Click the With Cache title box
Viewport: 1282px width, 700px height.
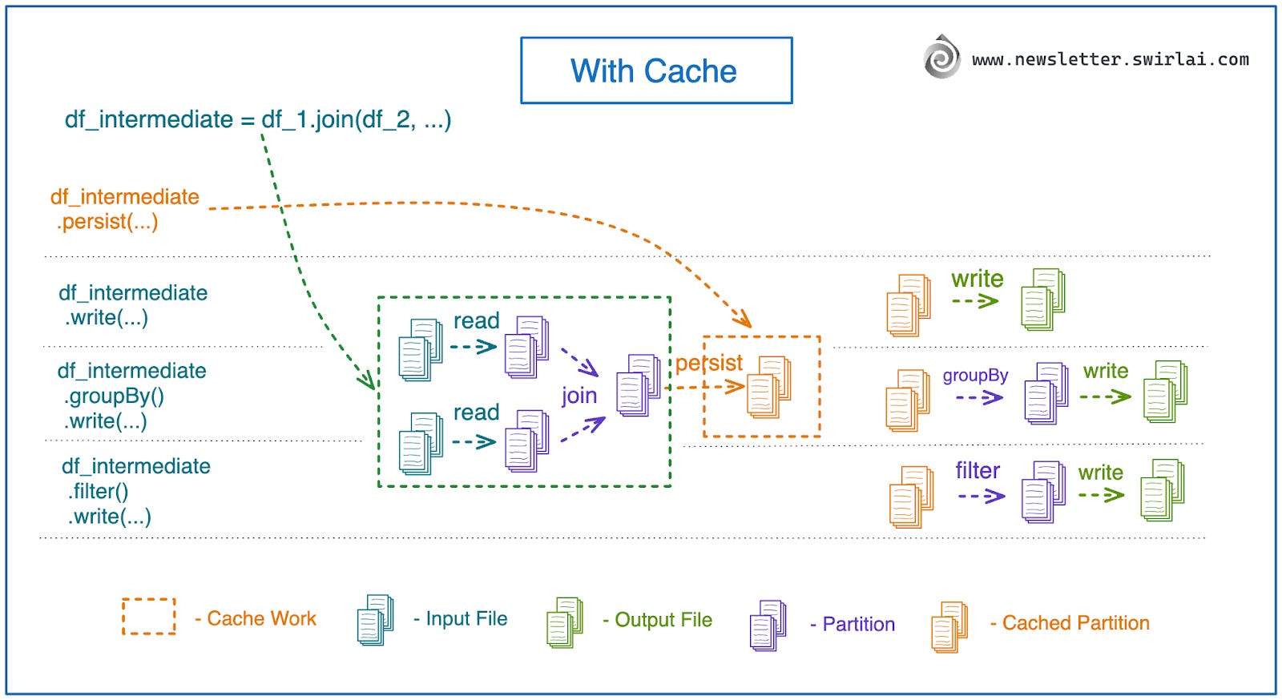tap(655, 70)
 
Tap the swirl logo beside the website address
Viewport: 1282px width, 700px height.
tap(941, 57)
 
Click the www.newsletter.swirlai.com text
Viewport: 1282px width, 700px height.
tap(1110, 59)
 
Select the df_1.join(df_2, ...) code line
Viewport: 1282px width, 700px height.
tap(257, 119)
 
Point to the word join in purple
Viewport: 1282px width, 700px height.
tap(579, 396)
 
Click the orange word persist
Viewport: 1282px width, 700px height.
tap(708, 363)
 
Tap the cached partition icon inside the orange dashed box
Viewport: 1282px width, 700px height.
tap(768, 388)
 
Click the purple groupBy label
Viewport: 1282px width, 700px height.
tap(974, 376)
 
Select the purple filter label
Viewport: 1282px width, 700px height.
tap(977, 471)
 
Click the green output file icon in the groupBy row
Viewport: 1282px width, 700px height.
tap(1164, 392)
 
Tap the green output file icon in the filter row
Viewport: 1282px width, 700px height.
tap(1162, 490)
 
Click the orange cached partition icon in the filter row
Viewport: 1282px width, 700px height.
tap(911, 497)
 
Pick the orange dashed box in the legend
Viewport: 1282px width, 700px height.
tap(148, 616)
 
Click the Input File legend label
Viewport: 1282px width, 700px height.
tap(466, 619)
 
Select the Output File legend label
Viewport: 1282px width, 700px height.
tap(663, 620)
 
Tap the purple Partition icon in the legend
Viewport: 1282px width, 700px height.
tap(768, 625)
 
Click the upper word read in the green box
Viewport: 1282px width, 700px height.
tap(476, 321)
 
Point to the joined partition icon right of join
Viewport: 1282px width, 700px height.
tap(638, 385)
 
